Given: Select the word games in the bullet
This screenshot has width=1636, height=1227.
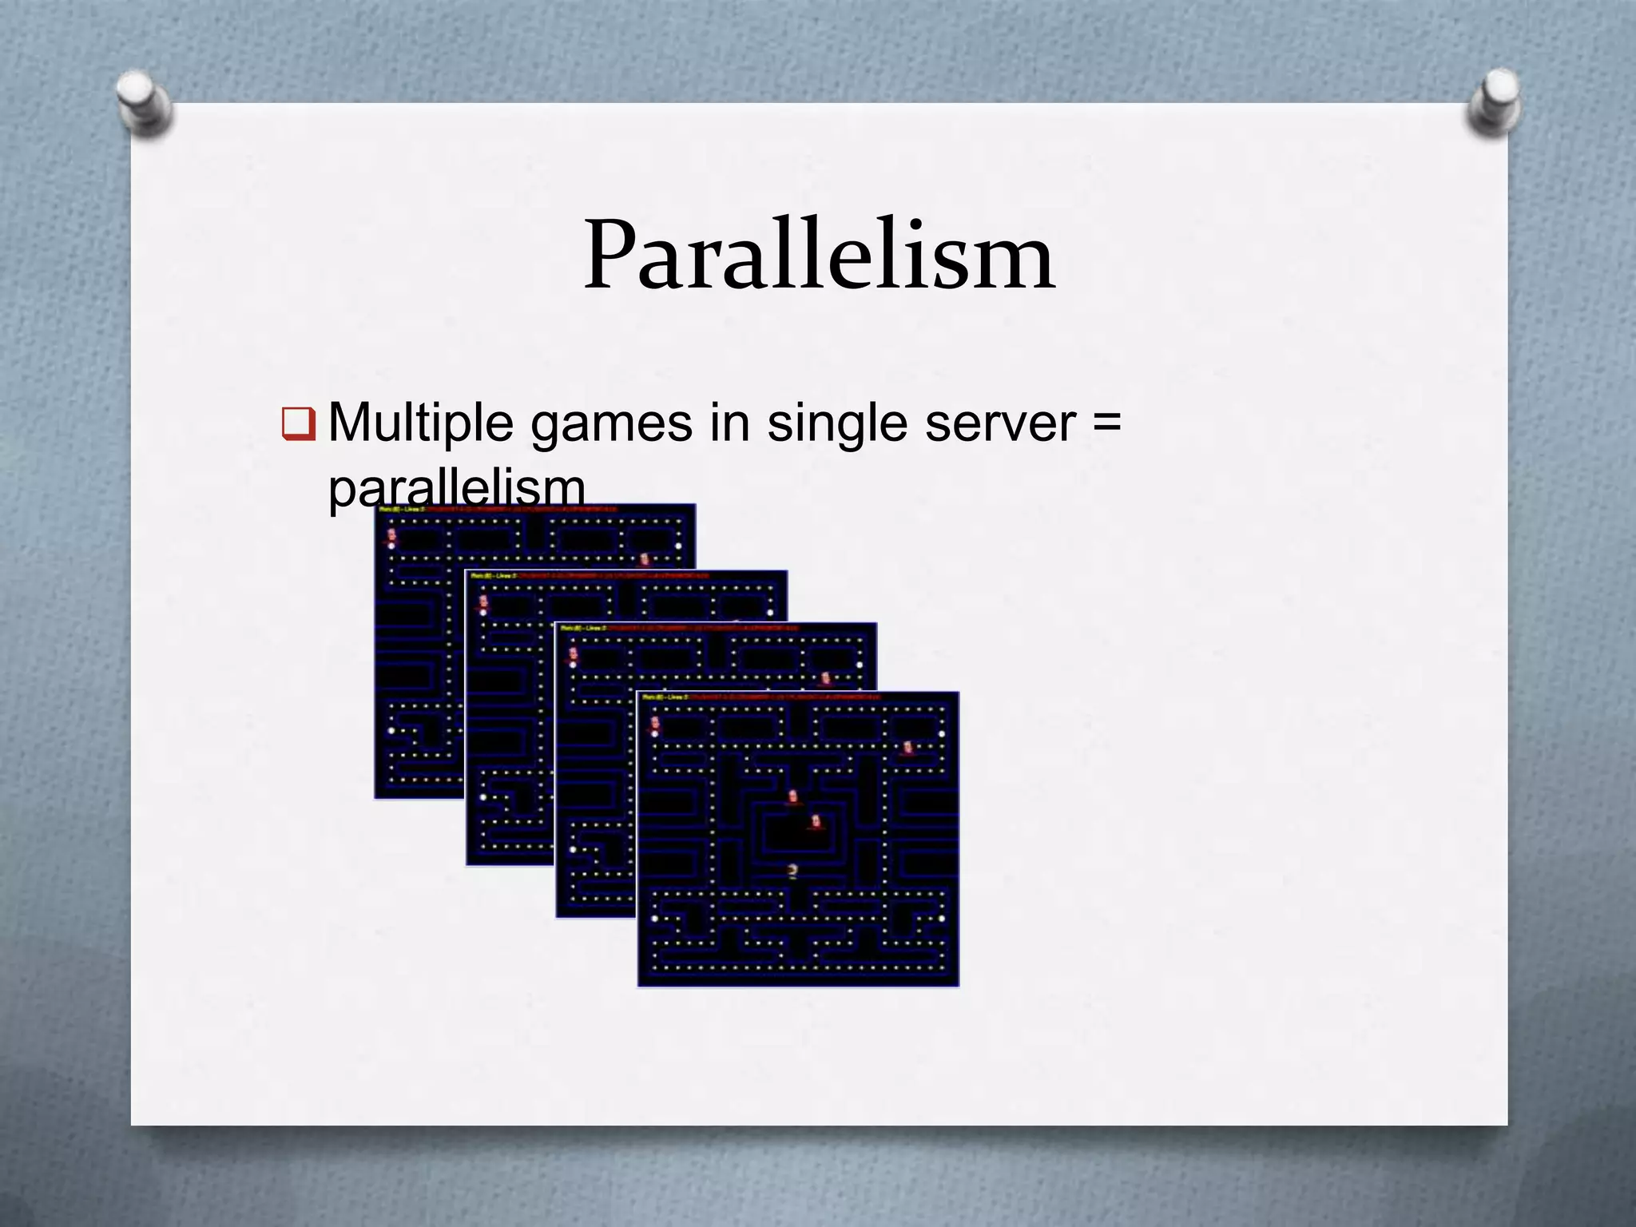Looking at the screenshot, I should coord(611,424).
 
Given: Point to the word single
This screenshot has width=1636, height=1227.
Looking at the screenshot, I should coord(836,424).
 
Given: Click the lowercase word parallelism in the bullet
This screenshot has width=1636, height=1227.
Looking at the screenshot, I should coord(456,487).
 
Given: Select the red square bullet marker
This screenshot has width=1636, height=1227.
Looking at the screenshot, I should coord(299,424).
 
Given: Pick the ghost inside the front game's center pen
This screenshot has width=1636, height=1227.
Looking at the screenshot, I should coord(816,822).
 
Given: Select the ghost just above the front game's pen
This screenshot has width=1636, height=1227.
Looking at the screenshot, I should coord(792,796).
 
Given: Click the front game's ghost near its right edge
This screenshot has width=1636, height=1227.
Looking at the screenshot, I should coord(907,748).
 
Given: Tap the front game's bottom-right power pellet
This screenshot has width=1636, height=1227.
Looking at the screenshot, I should coord(941,919).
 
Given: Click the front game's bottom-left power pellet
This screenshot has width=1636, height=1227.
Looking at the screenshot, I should coord(655,919).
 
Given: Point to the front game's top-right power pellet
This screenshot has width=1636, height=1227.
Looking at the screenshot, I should coord(941,733).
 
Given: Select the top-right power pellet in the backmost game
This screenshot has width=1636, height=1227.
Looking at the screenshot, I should coord(678,546).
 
